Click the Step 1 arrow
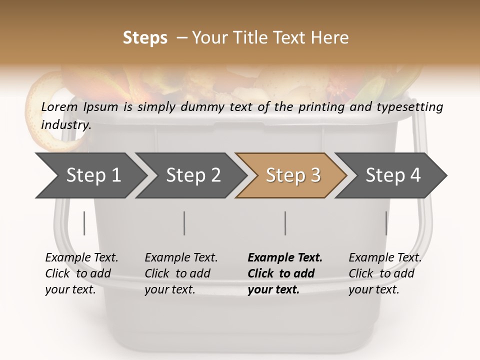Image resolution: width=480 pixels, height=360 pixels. pos(90,175)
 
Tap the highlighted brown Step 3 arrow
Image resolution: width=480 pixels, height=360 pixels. pos(292,175)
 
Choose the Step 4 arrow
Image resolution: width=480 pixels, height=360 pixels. pos(392,175)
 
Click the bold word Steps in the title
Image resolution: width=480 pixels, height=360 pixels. pos(145,38)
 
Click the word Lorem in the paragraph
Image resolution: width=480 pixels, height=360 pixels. pos(59,107)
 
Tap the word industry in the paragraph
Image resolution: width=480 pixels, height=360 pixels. pos(65,125)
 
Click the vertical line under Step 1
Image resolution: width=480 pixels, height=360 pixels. pos(84,223)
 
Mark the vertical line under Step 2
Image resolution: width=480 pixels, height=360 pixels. pos(184,223)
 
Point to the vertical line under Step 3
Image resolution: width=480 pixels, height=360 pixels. pos(285,223)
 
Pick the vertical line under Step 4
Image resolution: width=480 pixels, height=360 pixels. pos(386,223)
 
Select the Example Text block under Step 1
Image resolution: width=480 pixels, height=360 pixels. pos(81,273)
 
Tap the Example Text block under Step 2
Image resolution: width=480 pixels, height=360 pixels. pos(181,273)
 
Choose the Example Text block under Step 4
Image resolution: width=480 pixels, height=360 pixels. pos(385,273)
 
